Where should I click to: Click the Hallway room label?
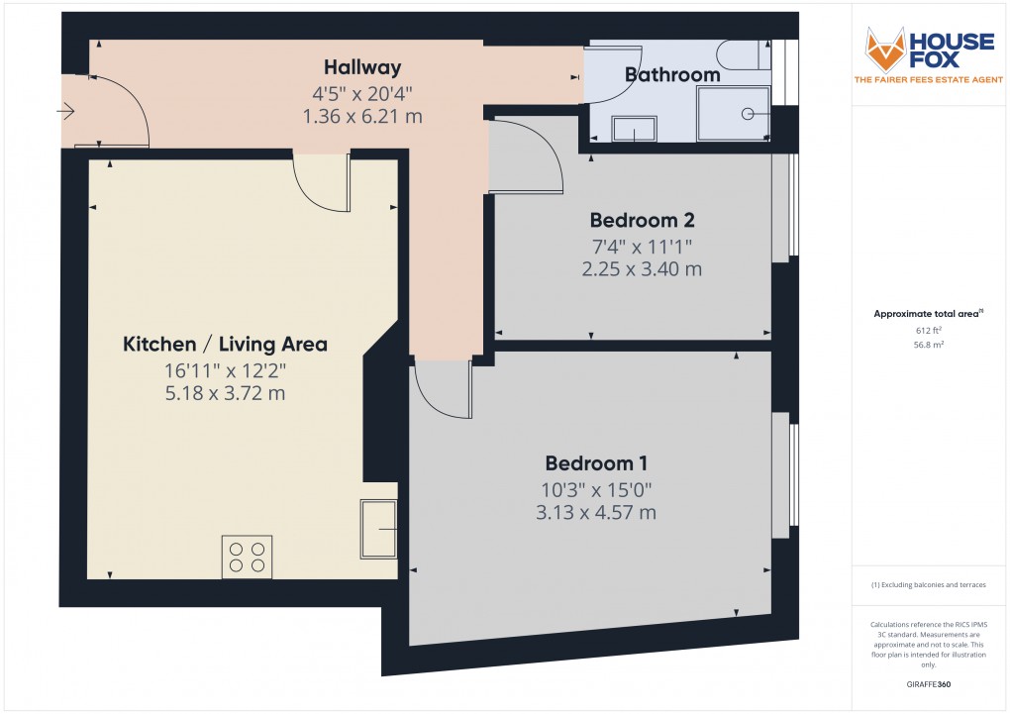(x=362, y=68)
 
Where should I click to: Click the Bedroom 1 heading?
(x=596, y=463)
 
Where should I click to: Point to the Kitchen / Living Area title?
(x=225, y=345)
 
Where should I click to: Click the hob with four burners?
(x=248, y=556)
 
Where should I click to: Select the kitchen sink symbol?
(x=378, y=529)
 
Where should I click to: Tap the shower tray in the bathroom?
(x=734, y=113)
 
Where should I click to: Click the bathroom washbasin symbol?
(x=633, y=129)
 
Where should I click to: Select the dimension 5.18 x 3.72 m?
(x=225, y=393)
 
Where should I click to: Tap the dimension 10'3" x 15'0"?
(x=596, y=489)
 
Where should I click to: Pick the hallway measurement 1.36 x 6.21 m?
(x=362, y=116)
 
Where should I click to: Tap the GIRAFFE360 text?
(x=927, y=683)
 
